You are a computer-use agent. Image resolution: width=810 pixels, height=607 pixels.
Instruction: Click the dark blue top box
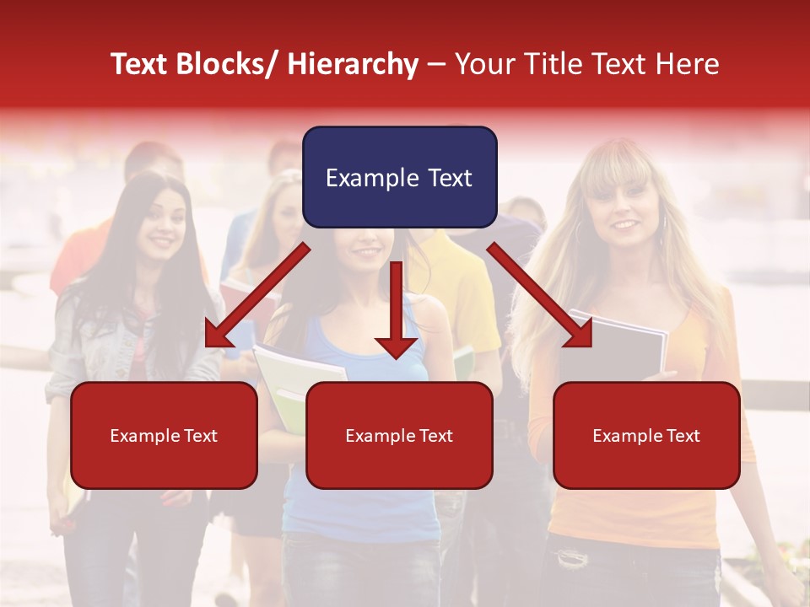399,177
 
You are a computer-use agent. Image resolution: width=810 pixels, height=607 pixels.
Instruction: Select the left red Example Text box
164,435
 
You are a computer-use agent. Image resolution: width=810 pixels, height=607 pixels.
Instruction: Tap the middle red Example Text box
399,435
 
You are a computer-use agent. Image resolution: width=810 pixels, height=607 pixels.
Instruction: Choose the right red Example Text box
646,435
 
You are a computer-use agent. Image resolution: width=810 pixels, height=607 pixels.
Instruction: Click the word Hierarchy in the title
353,64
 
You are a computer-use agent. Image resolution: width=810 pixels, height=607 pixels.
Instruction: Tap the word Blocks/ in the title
229,64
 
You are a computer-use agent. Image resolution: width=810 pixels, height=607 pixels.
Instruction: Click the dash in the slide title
436,64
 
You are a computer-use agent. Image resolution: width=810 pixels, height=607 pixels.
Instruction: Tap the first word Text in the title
140,64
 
